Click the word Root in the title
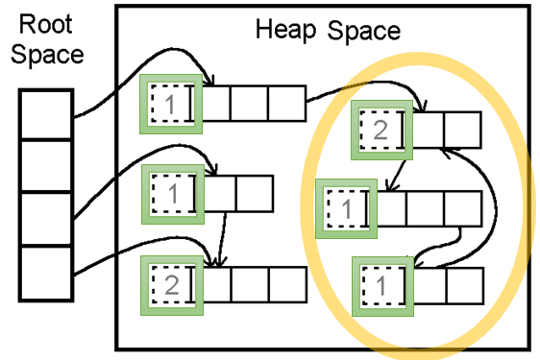click(x=45, y=24)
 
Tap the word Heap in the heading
click(x=285, y=31)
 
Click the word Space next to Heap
click(x=363, y=31)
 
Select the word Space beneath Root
click(x=47, y=55)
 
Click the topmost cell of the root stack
click(x=46, y=114)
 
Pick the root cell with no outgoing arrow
click(x=46, y=165)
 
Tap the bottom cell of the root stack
click(x=46, y=274)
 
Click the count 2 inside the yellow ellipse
click(x=380, y=131)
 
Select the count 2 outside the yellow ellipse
click(x=172, y=285)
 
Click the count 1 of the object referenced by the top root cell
click(x=170, y=104)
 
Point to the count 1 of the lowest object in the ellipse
click(x=380, y=286)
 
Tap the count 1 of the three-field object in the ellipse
click(x=346, y=208)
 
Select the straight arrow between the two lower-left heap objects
click(x=221, y=240)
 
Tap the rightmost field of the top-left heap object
click(x=287, y=104)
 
